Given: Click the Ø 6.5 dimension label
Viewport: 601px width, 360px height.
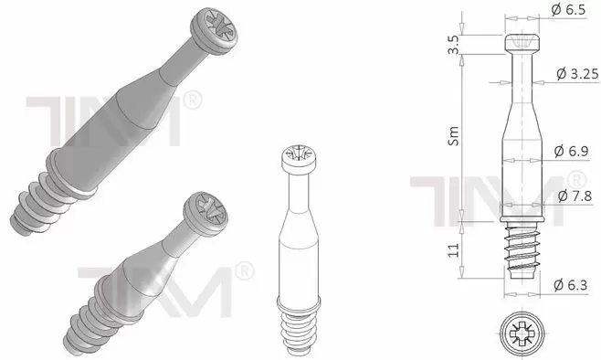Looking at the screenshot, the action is pos(568,9).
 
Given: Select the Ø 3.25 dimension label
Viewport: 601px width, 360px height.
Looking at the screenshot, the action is pos(577,74).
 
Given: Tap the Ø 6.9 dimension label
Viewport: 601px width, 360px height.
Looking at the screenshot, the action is pos(571,151).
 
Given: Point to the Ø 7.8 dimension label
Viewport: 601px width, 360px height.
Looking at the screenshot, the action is pos(575,196).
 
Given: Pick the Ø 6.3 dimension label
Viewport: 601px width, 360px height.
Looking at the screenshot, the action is pos(570,285).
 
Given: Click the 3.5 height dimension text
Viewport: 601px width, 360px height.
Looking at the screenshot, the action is pos(453,45).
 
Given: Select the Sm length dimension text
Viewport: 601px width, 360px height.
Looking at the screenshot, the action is pos(453,136).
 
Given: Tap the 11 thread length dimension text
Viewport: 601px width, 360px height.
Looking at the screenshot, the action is pos(453,250).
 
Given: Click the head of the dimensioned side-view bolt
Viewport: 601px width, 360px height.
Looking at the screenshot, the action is pos(522,42).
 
